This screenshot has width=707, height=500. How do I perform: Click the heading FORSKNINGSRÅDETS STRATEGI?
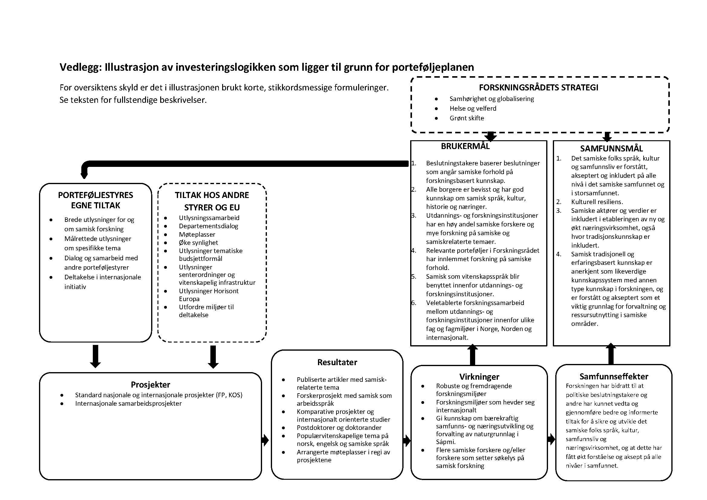539,88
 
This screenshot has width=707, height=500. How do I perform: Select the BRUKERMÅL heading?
465,146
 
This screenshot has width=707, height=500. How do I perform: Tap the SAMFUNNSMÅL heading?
611,149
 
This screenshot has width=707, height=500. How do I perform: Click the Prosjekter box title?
150,385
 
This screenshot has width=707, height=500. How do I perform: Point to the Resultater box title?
337,362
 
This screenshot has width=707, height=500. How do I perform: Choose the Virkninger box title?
479,377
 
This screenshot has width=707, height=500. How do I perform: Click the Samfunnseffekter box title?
614,377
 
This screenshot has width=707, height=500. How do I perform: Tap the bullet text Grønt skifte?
466,118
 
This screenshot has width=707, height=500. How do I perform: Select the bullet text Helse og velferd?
473,109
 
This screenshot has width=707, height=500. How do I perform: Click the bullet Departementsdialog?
209,226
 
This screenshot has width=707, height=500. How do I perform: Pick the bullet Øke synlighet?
198,243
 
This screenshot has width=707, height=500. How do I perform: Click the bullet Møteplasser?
197,235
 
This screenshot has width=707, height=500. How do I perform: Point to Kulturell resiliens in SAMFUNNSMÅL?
597,202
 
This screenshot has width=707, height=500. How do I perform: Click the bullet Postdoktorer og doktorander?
339,428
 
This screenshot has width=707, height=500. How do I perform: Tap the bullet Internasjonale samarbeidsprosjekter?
128,404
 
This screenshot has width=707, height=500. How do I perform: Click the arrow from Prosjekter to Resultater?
265,440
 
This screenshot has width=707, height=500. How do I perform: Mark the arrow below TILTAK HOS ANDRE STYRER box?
213,357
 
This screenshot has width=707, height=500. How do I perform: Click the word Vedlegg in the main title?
80,67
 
